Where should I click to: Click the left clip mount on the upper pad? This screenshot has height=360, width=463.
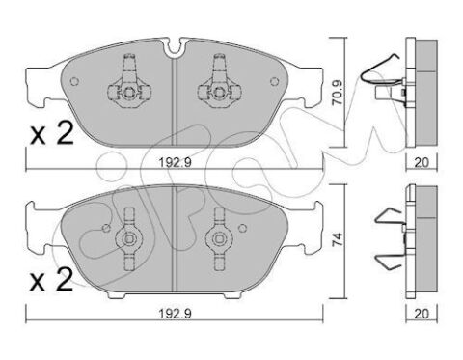tap(124, 84)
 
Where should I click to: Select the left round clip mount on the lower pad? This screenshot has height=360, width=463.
tap(126, 238)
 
